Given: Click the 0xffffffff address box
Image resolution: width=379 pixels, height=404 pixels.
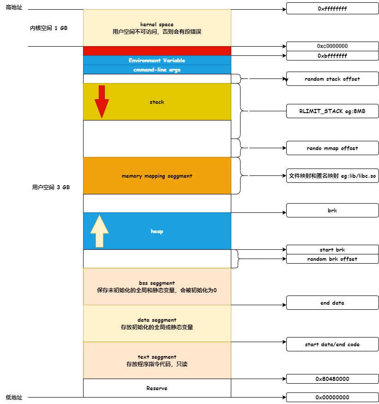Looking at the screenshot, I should pos(332,9).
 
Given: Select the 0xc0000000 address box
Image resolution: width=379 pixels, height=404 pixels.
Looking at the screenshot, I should pos(332,46).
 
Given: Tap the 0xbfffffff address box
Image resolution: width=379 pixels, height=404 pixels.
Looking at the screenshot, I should pos(332,56).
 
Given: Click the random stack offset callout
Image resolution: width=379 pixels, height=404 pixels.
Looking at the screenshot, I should pos(332,79).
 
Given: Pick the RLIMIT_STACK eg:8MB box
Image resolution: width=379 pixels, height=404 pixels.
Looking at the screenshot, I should pos(332,111).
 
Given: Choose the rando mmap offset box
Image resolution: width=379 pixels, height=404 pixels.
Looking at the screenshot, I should pos(332,148).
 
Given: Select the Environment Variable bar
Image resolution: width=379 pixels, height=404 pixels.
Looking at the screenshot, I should pos(157,60).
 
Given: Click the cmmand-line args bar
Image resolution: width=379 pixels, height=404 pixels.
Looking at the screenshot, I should pos(157,70).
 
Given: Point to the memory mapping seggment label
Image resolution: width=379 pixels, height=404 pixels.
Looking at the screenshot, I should pos(157,176).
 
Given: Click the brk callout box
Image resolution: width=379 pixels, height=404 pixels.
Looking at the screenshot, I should pos(332,211).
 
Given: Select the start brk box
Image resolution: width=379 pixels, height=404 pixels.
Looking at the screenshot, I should pos(332,250).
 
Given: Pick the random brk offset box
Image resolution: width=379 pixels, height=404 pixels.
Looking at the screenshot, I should pos(332,259).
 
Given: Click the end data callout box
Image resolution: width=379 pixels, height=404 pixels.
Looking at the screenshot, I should pos(332,303).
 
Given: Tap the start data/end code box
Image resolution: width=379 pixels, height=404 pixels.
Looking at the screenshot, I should pos(332,344).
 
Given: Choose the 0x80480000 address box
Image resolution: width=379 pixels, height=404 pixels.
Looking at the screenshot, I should pos(332,379).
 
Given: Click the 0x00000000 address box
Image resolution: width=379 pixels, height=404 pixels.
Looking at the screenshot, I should pos(332,397).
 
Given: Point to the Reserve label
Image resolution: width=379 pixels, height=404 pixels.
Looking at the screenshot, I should pos(157,388).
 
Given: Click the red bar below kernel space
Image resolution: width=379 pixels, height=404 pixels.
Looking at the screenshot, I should pos(157,51).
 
